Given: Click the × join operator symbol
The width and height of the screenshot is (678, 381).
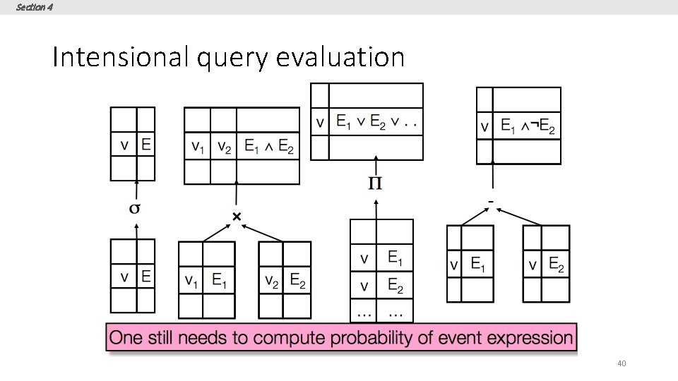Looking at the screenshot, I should click(237, 216).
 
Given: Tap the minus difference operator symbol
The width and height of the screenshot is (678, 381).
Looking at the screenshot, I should click(491, 202).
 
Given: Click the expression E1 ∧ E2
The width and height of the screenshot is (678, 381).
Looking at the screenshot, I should click(268, 147).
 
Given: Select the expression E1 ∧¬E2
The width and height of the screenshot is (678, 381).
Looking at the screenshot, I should click(528, 128).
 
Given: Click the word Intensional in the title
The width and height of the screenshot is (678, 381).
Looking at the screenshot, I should click(120, 57).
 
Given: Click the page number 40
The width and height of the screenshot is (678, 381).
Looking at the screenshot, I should click(621, 363).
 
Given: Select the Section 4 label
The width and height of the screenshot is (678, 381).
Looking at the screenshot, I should click(33, 7).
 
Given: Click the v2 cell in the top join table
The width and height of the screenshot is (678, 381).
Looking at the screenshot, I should click(223, 147).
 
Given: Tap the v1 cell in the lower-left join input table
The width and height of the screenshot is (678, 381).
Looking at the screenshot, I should click(191, 280).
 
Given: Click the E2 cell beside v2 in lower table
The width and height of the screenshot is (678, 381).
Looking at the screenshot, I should click(297, 280).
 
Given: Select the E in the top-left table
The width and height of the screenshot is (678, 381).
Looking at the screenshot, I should click(145, 145).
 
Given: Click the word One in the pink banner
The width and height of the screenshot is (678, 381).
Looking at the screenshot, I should click(127, 337).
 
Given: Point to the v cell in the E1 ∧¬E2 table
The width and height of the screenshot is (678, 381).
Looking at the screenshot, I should click(484, 128).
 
